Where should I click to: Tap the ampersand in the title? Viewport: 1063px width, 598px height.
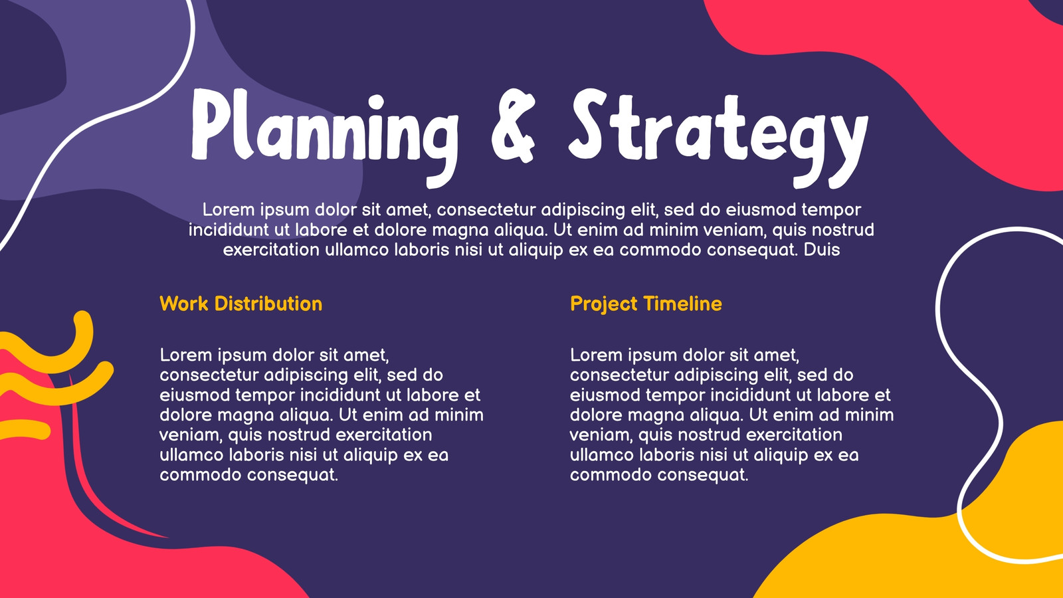pyautogui.click(x=514, y=126)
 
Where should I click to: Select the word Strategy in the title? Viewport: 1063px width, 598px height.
pyautogui.click(x=718, y=138)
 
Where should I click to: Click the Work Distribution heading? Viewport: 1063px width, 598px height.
pyautogui.click(x=241, y=304)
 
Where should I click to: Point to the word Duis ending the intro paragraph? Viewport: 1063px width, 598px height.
pyautogui.click(x=821, y=250)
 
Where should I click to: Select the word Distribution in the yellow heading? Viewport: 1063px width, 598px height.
pyautogui.click(x=268, y=304)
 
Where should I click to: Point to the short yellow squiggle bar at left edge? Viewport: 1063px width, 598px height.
pyautogui.click(x=24, y=429)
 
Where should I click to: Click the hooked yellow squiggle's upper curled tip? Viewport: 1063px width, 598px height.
pyautogui.click(x=82, y=319)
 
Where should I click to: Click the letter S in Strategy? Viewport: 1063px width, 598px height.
pyautogui.click(x=589, y=124)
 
